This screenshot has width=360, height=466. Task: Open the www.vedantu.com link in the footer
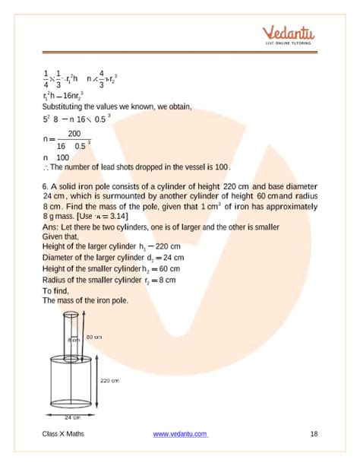[180, 433]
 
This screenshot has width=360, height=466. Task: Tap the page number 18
[314, 433]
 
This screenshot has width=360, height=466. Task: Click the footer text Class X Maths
[65, 433]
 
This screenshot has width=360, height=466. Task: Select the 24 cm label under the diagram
[74, 418]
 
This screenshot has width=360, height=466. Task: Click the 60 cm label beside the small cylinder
[94, 335]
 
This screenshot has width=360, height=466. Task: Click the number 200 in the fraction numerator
[74, 134]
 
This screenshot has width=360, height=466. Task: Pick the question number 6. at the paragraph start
[46, 186]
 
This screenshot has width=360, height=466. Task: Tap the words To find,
[57, 290]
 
